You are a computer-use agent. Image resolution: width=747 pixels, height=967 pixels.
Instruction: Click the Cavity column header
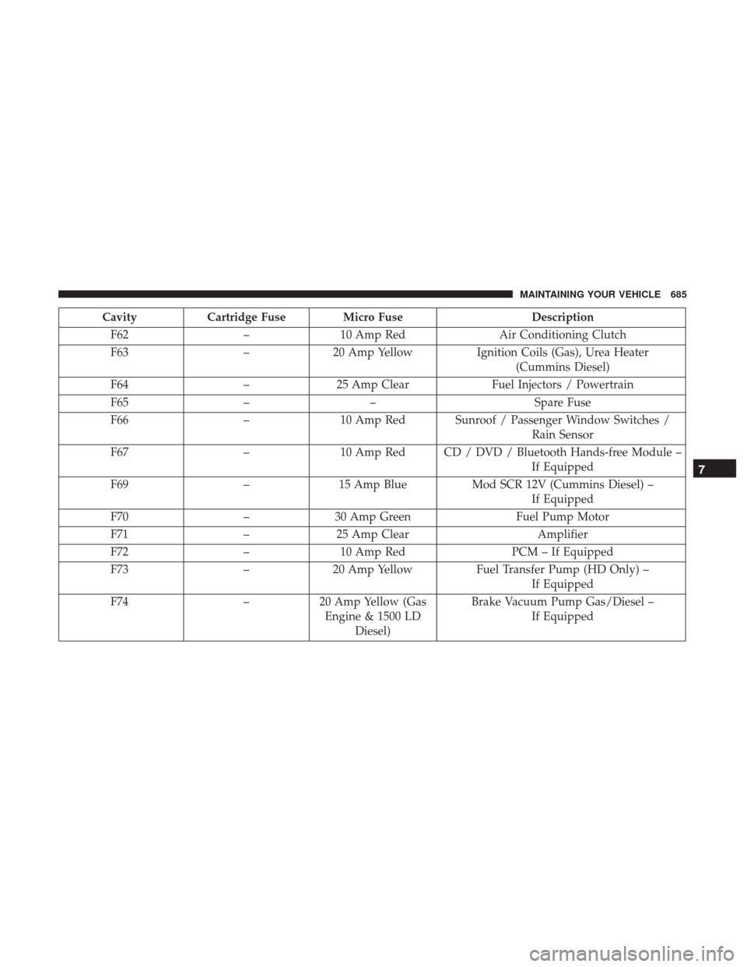pyautogui.click(x=119, y=318)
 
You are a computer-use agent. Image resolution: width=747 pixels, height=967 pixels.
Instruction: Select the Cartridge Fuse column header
pyautogui.click(x=247, y=318)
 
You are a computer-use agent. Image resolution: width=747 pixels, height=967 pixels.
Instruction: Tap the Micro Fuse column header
pyautogui.click(x=373, y=318)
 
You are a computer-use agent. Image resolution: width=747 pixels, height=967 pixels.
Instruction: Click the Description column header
pyautogui.click(x=563, y=318)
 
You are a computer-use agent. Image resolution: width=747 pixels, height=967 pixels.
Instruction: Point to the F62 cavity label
pyautogui.click(x=119, y=335)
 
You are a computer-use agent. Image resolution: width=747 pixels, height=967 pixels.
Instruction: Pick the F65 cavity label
pyautogui.click(x=119, y=403)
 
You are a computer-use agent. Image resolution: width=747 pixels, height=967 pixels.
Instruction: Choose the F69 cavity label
pyautogui.click(x=119, y=484)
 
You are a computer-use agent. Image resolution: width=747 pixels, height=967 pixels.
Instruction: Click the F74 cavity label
pyautogui.click(x=119, y=602)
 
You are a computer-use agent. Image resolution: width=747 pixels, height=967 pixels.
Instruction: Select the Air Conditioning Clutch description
pyautogui.click(x=563, y=335)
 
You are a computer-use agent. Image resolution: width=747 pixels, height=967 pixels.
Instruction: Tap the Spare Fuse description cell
pyautogui.click(x=563, y=403)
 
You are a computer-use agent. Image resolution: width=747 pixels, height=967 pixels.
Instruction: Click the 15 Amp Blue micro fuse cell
pyautogui.click(x=373, y=484)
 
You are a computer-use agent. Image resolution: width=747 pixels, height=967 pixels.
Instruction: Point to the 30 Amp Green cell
pyautogui.click(x=373, y=517)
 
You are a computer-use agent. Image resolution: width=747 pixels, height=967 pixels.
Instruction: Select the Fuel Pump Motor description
pyautogui.click(x=563, y=517)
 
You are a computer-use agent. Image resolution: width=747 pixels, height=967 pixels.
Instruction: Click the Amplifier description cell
pyautogui.click(x=563, y=534)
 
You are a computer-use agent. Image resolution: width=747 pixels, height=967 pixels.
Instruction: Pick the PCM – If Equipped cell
pyautogui.click(x=563, y=552)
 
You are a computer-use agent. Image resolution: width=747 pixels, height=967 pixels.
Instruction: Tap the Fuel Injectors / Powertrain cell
pyautogui.click(x=563, y=385)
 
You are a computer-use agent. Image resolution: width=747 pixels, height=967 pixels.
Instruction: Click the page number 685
pyautogui.click(x=679, y=294)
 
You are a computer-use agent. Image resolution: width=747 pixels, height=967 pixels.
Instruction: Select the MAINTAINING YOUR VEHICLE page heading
pyautogui.click(x=590, y=294)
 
